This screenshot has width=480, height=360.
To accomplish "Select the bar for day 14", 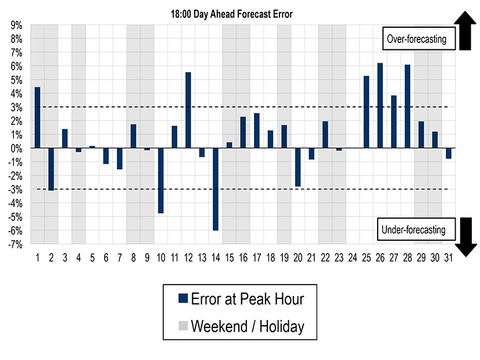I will coord(216,189).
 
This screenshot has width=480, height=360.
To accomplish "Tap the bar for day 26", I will coord(380,106).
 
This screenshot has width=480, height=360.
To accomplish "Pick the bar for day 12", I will coord(188,110).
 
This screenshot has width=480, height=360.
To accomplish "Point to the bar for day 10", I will coord(160,181).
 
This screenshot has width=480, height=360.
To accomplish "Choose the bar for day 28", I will coord(407,106).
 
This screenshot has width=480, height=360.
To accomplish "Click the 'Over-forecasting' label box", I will coord(416,39).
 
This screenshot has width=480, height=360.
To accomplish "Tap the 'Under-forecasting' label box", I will coord(413,229).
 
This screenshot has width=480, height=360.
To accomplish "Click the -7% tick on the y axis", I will coord(15,244).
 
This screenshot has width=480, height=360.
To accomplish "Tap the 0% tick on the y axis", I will coord(16,148).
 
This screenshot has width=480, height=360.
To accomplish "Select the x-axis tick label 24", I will coord(352,257).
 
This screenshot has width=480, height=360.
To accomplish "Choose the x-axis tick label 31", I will coord(448,257).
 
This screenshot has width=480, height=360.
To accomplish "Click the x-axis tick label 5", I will coord(92,257).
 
